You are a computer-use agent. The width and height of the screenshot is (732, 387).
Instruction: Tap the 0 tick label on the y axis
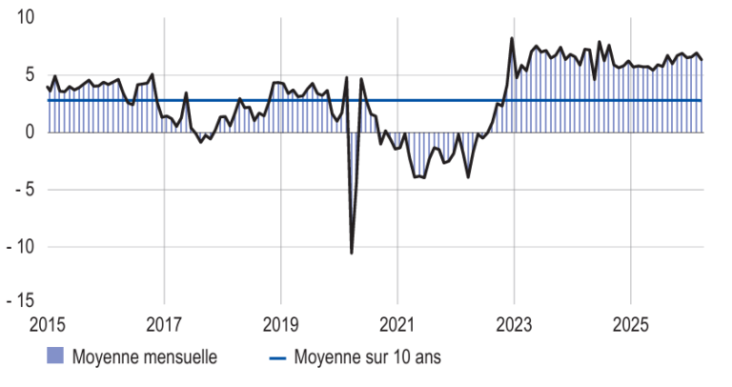(30, 132)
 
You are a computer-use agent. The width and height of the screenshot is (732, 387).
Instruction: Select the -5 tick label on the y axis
(24, 189)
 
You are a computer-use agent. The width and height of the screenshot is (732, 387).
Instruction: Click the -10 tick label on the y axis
(20, 246)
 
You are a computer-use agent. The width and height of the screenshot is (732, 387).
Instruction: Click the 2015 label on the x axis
(48, 323)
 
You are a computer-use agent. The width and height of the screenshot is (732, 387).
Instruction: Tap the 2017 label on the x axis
(164, 323)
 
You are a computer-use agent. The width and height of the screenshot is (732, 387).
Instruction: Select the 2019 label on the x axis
(280, 323)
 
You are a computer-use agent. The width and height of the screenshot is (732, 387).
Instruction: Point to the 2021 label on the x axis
(397, 323)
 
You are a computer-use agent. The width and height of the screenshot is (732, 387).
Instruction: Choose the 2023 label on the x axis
(514, 323)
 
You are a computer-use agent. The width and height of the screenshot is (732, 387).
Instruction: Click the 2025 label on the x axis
(630, 323)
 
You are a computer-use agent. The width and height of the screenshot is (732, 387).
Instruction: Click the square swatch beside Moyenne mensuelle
(55, 357)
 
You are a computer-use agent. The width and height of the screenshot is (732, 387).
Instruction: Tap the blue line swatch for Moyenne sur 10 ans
(276, 358)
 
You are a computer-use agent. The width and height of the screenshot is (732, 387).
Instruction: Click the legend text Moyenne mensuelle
(143, 357)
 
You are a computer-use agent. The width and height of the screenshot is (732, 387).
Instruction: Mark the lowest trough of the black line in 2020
(352, 253)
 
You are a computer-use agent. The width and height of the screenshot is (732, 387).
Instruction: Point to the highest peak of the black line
(513, 38)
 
